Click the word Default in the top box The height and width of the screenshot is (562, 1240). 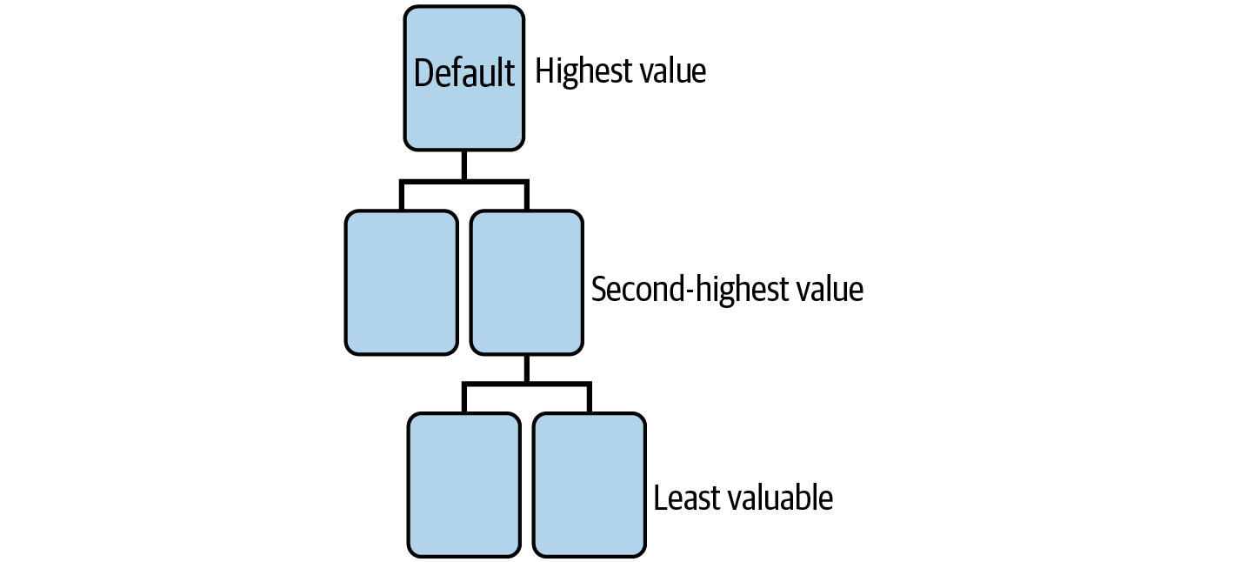click(463, 72)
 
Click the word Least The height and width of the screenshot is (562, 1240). click(686, 498)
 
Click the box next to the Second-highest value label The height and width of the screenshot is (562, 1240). click(526, 283)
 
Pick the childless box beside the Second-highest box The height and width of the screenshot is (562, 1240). click(402, 283)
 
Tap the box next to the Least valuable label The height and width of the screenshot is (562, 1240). click(589, 485)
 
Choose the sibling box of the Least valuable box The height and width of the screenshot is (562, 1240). click(463, 485)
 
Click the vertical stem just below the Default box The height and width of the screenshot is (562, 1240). click(463, 165)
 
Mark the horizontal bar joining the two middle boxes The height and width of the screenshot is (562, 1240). click(463, 182)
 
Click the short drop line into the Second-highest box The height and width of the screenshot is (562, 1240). click(526, 196)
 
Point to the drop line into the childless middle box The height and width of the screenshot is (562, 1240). click(402, 196)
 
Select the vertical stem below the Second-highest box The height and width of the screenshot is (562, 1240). click(526, 368)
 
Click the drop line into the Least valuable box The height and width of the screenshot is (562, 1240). click(589, 398)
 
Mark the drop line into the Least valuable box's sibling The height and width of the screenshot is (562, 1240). click(463, 398)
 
